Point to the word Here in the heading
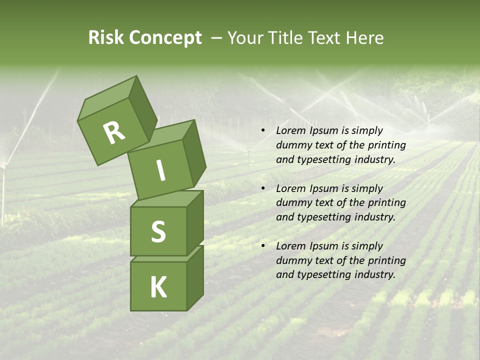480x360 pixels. click(x=365, y=38)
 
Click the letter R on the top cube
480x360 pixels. click(x=114, y=132)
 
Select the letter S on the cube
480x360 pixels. click(x=158, y=231)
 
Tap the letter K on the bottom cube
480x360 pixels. click(x=158, y=287)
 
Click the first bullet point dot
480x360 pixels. click(x=263, y=131)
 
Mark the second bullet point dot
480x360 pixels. click(x=263, y=189)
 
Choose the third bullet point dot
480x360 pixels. click(x=263, y=246)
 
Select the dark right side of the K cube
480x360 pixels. click(x=195, y=278)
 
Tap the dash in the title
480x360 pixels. click(x=216, y=38)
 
